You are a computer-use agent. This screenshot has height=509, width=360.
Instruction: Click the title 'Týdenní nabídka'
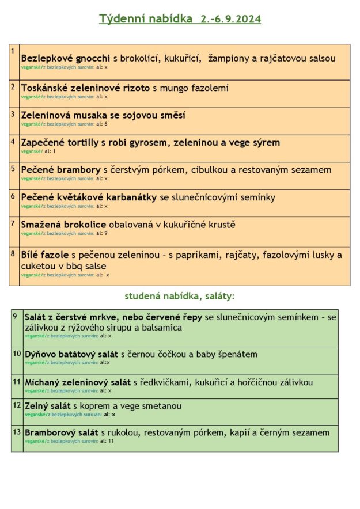pos(146,19)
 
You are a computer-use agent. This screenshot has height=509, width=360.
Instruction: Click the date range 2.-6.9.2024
pos(230,19)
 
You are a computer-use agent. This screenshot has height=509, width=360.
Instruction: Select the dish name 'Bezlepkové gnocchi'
pos(65,58)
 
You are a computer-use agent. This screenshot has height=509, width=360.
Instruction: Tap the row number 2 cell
pos(14,93)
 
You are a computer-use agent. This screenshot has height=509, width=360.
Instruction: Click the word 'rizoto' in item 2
pos(134,88)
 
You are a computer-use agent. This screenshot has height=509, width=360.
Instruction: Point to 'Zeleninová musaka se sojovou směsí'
pos(103,115)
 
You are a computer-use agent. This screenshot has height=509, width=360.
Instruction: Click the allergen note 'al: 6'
pos(102,124)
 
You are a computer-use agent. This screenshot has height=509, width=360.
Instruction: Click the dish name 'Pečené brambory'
pos(60,170)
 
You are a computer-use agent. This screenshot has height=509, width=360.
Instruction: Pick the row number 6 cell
pos(14,203)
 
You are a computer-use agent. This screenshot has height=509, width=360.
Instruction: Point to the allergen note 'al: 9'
pos(102,233)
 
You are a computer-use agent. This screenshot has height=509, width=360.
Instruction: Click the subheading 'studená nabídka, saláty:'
pos(180,297)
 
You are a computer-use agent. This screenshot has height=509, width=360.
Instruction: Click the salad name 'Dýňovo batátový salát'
pos(71,354)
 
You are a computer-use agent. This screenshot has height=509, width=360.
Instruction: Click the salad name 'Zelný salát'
pos(47,406)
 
